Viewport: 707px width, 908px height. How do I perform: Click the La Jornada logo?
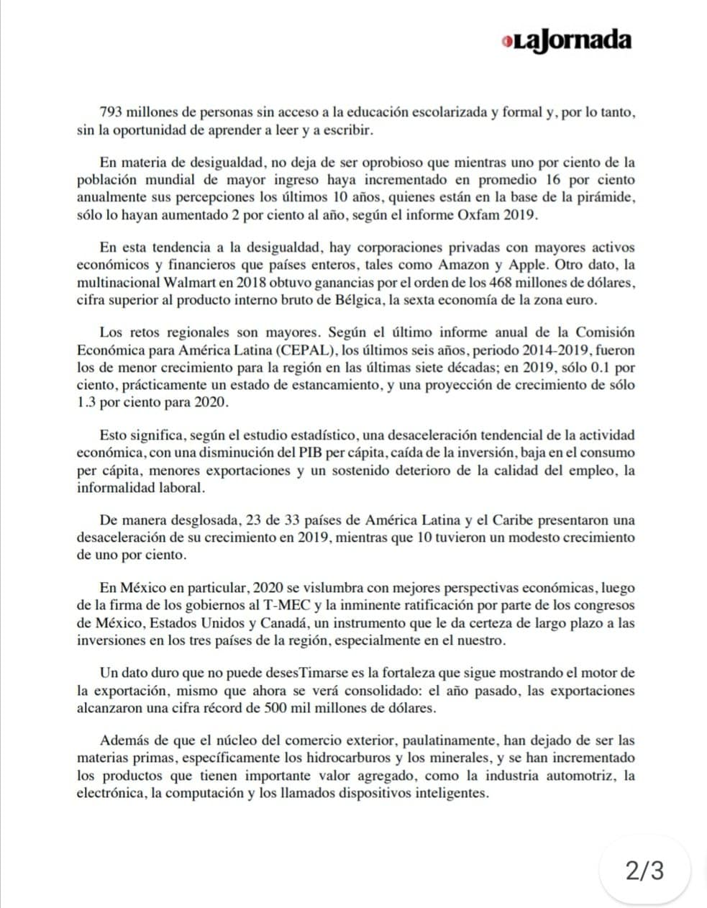tap(567, 40)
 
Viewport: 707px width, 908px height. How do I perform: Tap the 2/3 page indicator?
tap(644, 871)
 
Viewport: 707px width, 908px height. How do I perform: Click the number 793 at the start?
tap(111, 113)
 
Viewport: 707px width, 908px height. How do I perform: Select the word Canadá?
tap(286, 622)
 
